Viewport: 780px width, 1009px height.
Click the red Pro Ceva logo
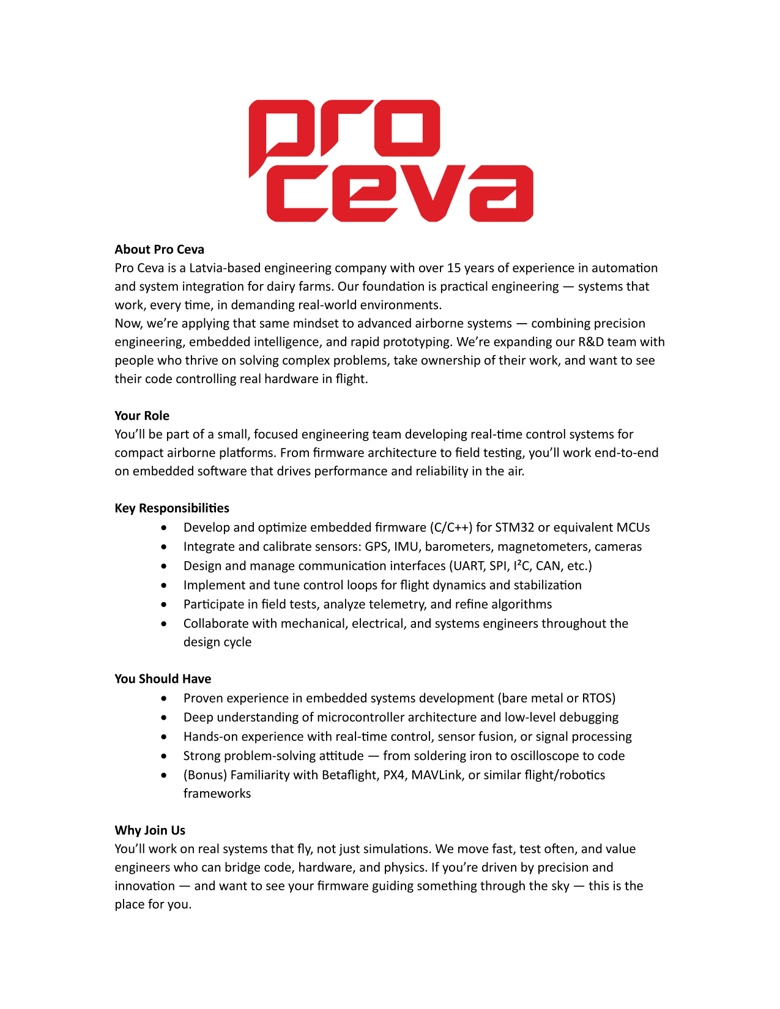coord(390,160)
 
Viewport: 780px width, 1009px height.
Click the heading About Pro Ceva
coord(159,250)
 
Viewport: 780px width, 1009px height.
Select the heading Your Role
coord(142,416)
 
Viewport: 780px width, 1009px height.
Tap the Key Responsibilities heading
coord(172,508)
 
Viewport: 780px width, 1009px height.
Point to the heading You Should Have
coord(163,679)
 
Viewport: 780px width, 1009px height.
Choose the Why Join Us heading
coord(150,830)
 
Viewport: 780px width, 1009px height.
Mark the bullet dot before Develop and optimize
coord(163,527)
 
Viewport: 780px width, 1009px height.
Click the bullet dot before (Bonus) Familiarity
coord(163,775)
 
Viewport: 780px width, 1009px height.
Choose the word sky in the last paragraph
coord(560,886)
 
